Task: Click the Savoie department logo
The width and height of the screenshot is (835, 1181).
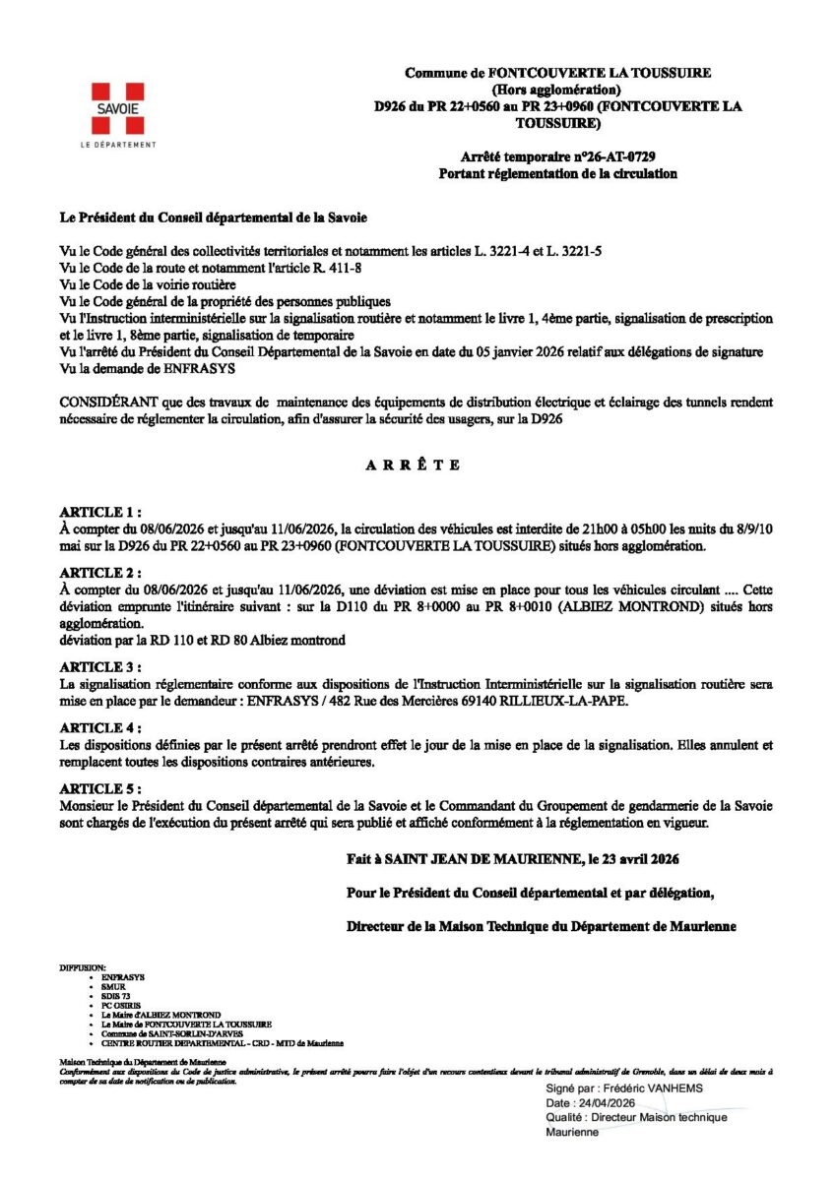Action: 116,108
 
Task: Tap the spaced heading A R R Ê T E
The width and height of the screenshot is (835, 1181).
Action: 414,466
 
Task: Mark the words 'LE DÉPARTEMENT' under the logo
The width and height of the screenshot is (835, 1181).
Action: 117,146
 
